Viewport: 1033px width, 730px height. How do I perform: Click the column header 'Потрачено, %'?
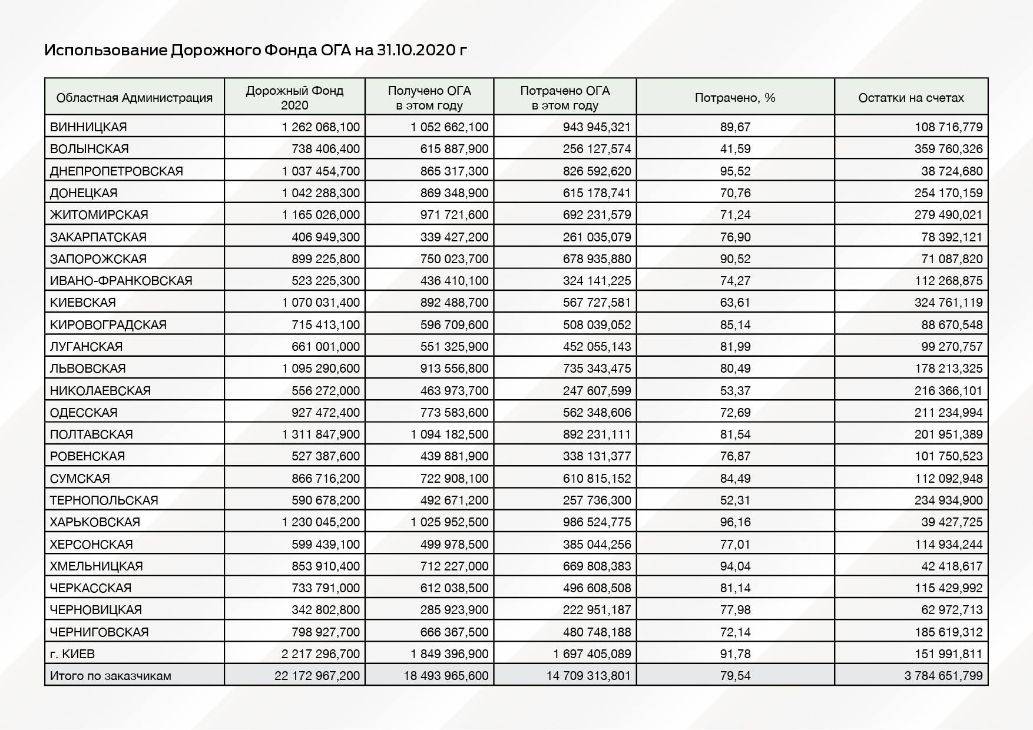click(x=735, y=98)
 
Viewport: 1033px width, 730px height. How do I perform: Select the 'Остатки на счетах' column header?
click(x=911, y=98)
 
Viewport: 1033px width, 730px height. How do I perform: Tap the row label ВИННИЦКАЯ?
click(x=88, y=127)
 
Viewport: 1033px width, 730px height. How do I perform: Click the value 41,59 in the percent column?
click(x=735, y=149)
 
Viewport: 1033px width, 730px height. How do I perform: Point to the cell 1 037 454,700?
click(x=321, y=171)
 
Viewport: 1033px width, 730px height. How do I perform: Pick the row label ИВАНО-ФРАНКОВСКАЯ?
click(x=121, y=281)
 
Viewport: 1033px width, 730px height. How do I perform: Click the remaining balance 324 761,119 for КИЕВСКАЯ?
click(x=948, y=303)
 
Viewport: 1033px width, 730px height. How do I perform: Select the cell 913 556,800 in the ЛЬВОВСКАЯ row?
click(x=454, y=369)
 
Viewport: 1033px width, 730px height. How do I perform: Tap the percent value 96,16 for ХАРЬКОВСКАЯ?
click(x=735, y=522)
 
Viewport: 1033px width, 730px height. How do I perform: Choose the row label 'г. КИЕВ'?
click(x=72, y=654)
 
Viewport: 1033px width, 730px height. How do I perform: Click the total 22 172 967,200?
click(x=317, y=676)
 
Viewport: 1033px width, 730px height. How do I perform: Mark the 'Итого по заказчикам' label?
click(x=111, y=676)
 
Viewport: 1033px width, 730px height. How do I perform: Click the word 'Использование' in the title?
click(x=105, y=50)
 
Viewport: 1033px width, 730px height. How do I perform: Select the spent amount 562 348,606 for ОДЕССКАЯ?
click(x=597, y=413)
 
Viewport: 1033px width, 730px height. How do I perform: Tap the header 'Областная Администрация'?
click(x=134, y=98)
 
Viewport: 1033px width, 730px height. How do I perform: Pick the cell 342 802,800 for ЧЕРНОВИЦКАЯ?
click(x=326, y=610)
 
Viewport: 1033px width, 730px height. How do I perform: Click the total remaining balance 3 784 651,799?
click(x=943, y=676)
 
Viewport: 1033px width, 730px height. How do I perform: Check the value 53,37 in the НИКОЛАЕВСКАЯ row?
click(x=735, y=391)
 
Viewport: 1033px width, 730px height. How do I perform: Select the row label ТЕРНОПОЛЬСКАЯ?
click(x=104, y=500)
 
